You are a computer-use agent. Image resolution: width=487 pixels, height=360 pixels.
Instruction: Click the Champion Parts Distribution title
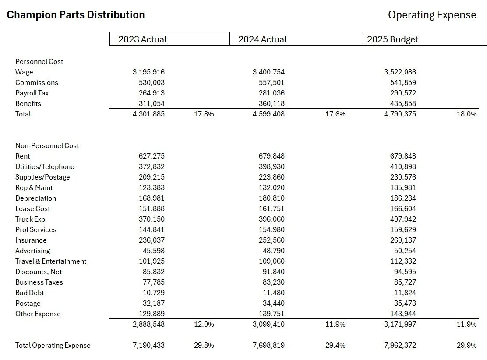tap(76, 15)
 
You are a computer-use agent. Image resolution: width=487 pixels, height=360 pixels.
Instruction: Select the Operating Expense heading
tap(432, 15)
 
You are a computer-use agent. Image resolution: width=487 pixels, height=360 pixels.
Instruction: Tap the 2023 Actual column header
tap(142, 39)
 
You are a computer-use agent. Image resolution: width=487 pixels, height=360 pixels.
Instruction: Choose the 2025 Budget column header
tap(392, 39)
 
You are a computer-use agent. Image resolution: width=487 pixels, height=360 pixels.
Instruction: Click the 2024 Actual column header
tap(262, 39)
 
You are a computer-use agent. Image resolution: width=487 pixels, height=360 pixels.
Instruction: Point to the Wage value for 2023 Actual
tap(148, 72)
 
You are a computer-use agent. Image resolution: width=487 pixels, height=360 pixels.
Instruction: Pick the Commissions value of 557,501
tap(268, 82)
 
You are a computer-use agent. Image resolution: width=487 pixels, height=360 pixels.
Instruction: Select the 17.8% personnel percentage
tap(204, 114)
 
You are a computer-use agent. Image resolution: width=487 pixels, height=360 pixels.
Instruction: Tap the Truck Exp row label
tap(30, 219)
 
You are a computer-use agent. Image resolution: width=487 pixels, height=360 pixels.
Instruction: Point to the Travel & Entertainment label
tap(51, 261)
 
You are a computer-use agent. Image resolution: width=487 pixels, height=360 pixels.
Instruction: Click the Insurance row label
tap(31, 240)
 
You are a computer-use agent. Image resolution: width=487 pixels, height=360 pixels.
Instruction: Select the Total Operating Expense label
tap(53, 345)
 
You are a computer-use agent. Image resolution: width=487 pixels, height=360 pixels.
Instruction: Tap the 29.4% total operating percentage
tap(335, 345)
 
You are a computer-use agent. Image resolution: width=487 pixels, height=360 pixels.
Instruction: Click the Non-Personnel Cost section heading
tap(47, 145)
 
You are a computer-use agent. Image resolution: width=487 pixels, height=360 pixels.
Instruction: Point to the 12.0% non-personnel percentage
tap(204, 324)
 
